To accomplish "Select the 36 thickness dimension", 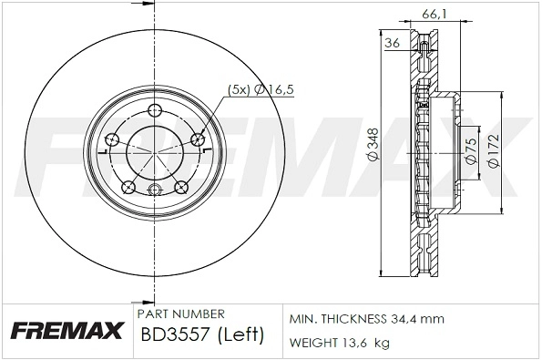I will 393,43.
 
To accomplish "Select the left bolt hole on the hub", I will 112,140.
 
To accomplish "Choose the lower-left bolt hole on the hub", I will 128,189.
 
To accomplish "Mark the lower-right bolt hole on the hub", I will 180,190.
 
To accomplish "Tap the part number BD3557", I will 173,335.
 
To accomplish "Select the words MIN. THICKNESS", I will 339,320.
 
